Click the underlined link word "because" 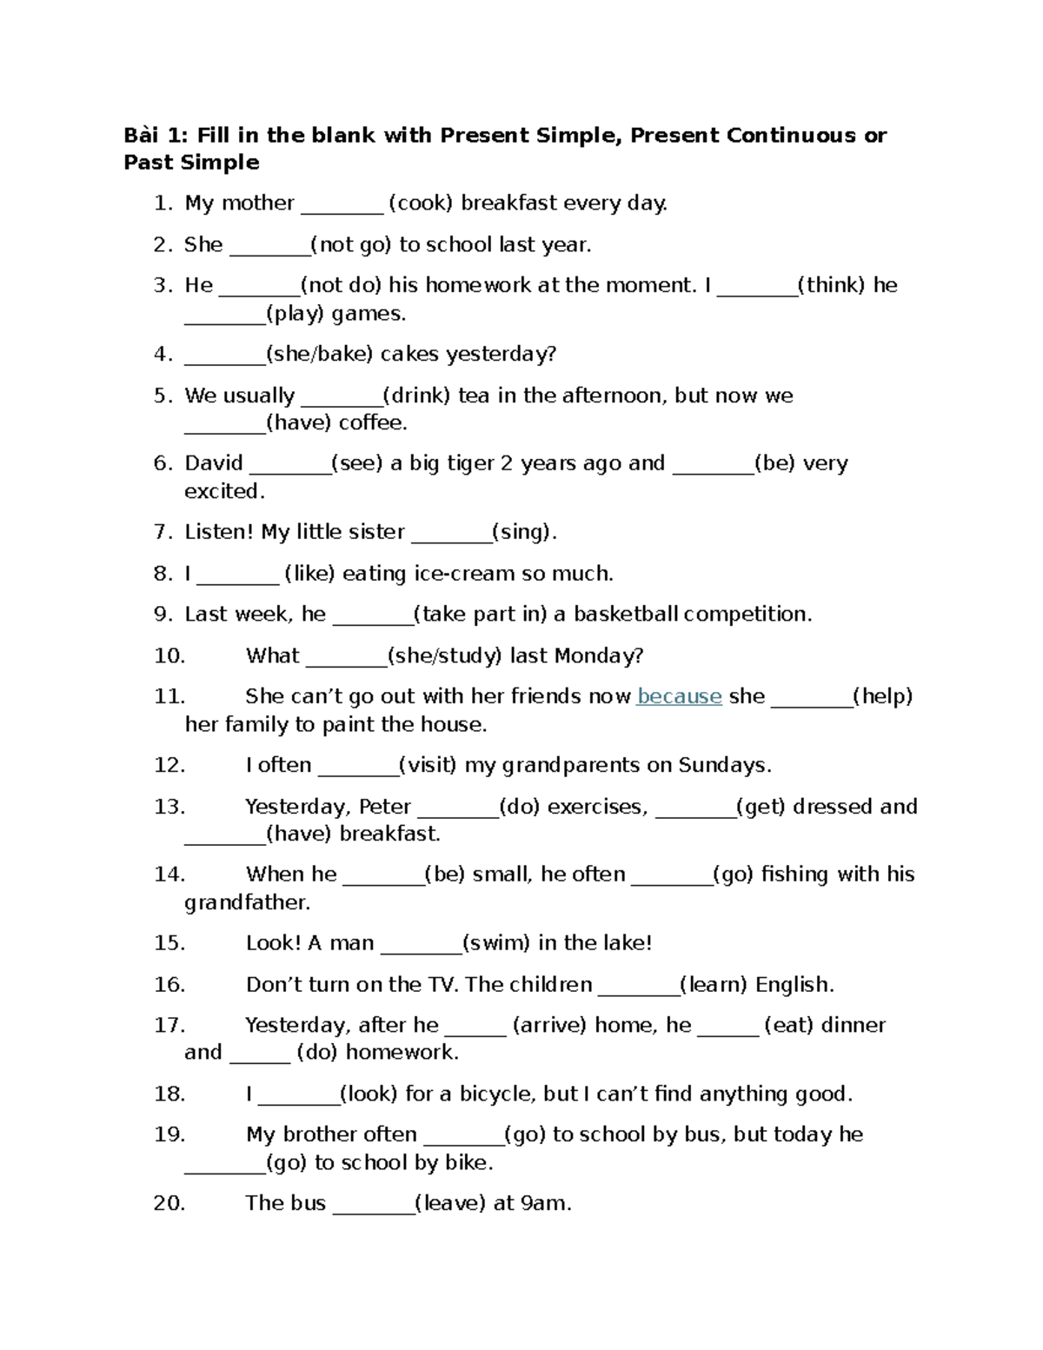tap(679, 696)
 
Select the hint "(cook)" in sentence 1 tap(421, 203)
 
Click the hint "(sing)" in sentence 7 tap(524, 532)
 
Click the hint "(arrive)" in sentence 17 tap(550, 1026)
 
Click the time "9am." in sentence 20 tap(545, 1204)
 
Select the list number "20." tap(169, 1204)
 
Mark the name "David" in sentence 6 tap(214, 463)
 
